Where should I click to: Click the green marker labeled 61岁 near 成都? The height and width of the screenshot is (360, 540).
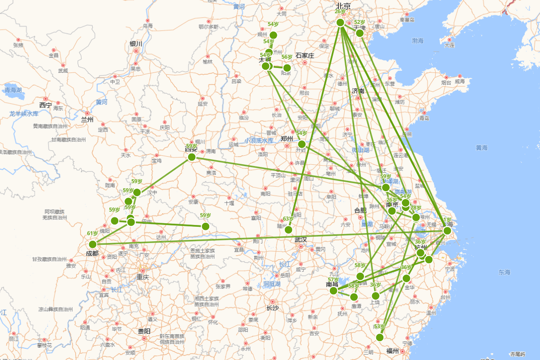pyautogui.click(x=93, y=244)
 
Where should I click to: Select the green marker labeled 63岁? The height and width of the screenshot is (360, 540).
pyautogui.click(x=288, y=229)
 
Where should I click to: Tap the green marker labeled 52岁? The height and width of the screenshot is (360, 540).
pyautogui.click(x=360, y=33)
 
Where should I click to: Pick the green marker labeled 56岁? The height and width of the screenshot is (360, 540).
pyautogui.click(x=287, y=68)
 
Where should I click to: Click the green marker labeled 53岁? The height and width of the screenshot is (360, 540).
pyautogui.click(x=380, y=337)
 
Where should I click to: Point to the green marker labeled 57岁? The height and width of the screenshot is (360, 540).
pyautogui.click(x=333, y=291)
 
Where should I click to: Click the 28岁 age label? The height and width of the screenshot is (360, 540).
pyautogui.click(x=416, y=208)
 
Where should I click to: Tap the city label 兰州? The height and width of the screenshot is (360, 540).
pyautogui.click(x=87, y=120)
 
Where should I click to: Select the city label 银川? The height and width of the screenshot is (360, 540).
pyautogui.click(x=136, y=44)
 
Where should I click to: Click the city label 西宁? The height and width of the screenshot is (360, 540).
pyautogui.click(x=45, y=105)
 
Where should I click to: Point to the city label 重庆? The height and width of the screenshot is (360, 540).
pyautogui.click(x=143, y=277)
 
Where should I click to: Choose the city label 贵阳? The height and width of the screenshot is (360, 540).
pyautogui.click(x=144, y=331)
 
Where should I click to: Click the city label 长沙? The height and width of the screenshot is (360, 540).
pyautogui.click(x=273, y=308)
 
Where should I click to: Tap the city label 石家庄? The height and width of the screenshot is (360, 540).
pyautogui.click(x=305, y=55)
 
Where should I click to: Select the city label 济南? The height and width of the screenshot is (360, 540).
pyautogui.click(x=358, y=91)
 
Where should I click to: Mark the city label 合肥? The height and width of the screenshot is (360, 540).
pyautogui.click(x=360, y=210)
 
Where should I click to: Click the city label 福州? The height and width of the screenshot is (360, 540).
pyautogui.click(x=392, y=351)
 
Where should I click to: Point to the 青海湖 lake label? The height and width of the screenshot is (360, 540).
pyautogui.click(x=13, y=90)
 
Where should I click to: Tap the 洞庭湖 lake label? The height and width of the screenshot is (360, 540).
pyautogui.click(x=272, y=284)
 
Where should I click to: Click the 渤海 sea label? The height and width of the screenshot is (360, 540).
pyautogui.click(x=418, y=41)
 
